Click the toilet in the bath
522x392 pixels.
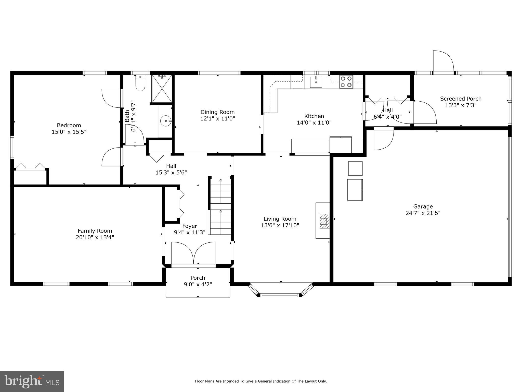(x=140, y=83)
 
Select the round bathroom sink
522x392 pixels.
(x=166, y=121)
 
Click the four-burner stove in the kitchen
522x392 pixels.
(x=346, y=82)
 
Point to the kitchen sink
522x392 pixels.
(x=316, y=82)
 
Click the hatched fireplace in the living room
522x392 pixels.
(x=324, y=221)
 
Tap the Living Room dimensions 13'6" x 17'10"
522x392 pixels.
(x=280, y=225)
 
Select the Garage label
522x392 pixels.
(x=423, y=206)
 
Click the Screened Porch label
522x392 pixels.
(x=461, y=99)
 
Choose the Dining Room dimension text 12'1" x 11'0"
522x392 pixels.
(x=217, y=118)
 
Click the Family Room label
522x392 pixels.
(x=95, y=231)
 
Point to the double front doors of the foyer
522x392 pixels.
(x=194, y=253)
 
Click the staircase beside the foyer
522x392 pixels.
(x=221, y=206)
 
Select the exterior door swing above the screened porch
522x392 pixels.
(x=443, y=61)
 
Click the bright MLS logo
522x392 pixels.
(x=32, y=381)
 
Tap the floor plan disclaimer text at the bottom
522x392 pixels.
(x=261, y=381)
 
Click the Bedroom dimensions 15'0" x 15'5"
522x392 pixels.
(x=69, y=132)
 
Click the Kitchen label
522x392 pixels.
(x=314, y=116)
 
